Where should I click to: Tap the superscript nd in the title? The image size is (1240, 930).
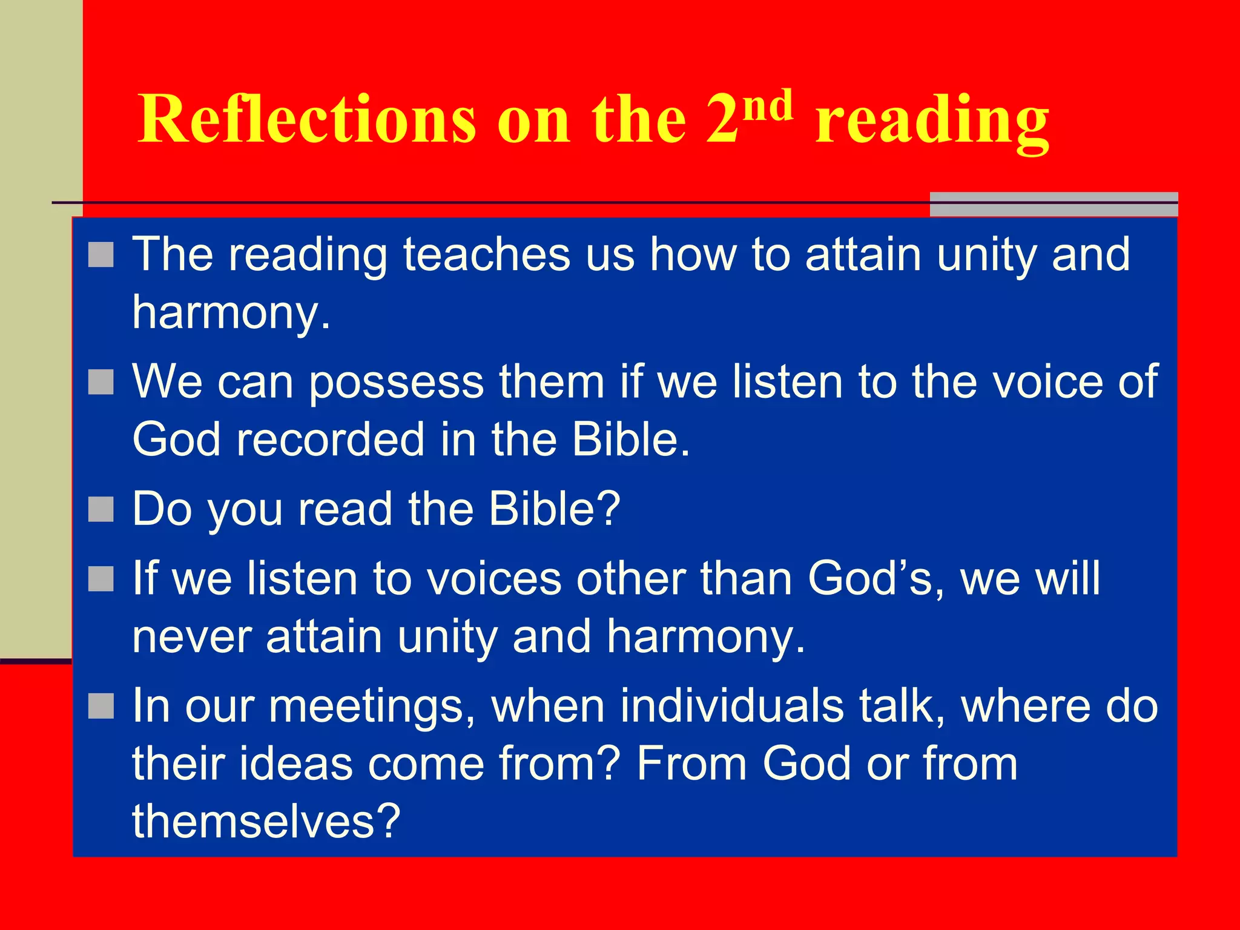[768, 105]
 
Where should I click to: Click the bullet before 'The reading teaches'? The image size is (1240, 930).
[101, 255]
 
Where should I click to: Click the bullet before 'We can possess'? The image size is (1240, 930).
[101, 382]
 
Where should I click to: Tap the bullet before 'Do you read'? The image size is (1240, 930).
[101, 509]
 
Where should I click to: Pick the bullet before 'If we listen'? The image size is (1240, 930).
[101, 579]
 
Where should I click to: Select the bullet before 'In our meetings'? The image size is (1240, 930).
[101, 706]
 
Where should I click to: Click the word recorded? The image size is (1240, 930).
[330, 440]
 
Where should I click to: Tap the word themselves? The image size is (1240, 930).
[266, 821]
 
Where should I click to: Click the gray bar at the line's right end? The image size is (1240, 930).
[1054, 204]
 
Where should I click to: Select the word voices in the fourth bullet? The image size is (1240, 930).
[494, 578]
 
